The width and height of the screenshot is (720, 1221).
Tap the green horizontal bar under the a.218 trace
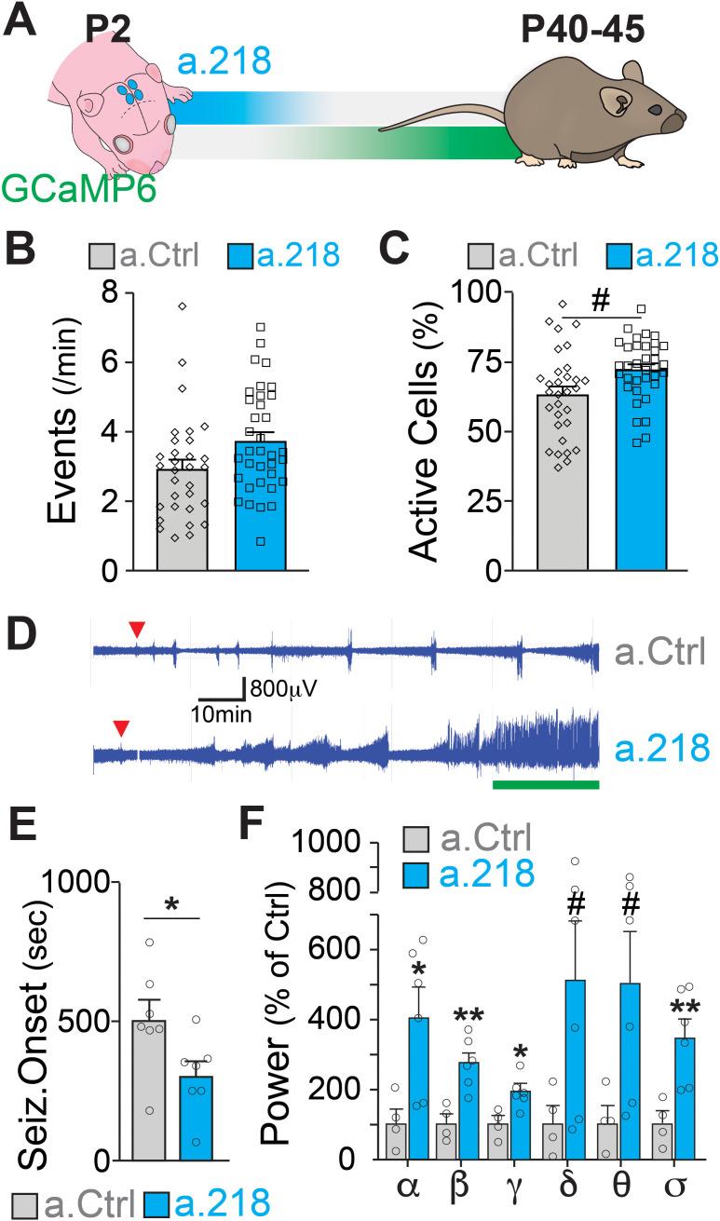pyautogui.click(x=545, y=785)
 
